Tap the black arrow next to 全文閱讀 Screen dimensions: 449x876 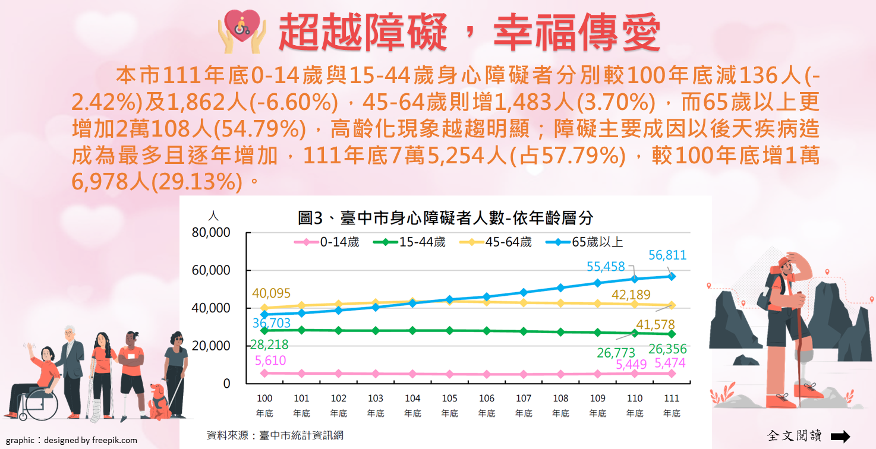840,437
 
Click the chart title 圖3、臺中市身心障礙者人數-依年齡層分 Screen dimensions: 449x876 445,218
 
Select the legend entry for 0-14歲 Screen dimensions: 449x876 326,242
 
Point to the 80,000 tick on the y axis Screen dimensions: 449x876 211,233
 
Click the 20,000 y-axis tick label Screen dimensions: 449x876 211,346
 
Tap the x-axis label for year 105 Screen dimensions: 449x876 449,405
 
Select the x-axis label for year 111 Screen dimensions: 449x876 672,405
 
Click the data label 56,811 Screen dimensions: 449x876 667,256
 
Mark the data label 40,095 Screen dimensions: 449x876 271,293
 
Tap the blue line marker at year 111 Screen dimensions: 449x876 672,276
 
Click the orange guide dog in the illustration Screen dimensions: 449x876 159,401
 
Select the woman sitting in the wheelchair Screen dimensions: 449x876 42,380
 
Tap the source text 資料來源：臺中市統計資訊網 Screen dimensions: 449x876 275,435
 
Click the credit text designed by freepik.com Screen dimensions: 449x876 90,441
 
